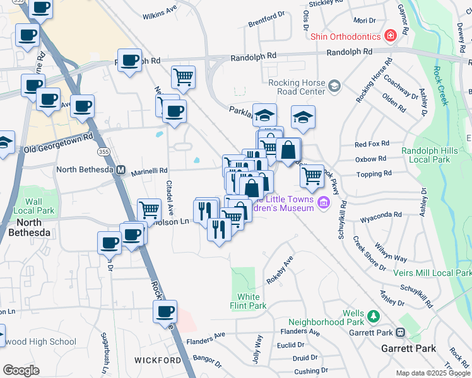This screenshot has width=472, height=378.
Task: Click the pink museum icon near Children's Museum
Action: pyautogui.click(x=324, y=202)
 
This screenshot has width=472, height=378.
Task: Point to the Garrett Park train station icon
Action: pyautogui.click(x=400, y=332)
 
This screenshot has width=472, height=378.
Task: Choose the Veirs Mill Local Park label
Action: pyautogui.click(x=432, y=273)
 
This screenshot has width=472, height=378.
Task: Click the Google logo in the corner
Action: pyautogui.click(x=21, y=370)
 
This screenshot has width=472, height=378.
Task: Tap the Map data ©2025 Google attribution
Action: pyautogui.click(x=433, y=373)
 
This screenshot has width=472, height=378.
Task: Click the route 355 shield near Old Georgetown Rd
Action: pyautogui.click(x=103, y=152)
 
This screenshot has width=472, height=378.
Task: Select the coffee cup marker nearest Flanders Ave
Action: pyautogui.click(x=165, y=311)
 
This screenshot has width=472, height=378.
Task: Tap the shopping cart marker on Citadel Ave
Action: pyautogui.click(x=149, y=210)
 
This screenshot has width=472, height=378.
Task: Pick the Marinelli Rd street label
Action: pyautogui.click(x=149, y=170)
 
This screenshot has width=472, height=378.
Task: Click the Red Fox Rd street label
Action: pyautogui.click(x=372, y=144)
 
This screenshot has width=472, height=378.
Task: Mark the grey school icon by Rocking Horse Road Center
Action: pyautogui.click(x=334, y=85)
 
